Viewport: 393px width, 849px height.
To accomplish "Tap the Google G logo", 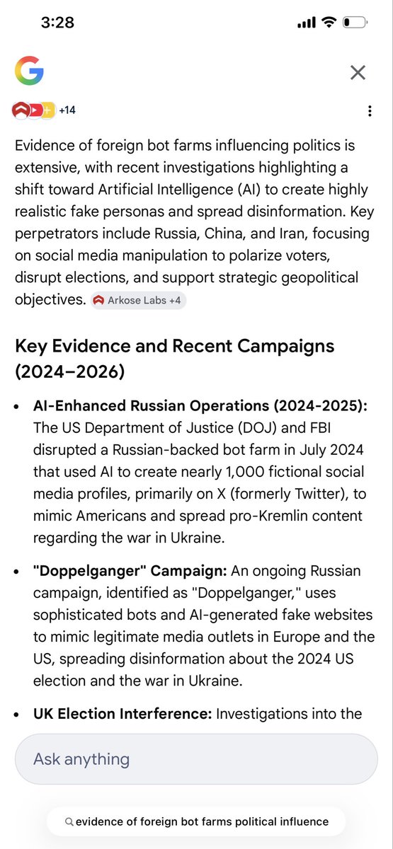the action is (29, 71).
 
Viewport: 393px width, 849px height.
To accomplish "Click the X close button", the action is (358, 72).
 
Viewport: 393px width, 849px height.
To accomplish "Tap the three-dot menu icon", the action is (369, 111).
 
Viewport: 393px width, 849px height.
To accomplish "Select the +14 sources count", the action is (67, 110).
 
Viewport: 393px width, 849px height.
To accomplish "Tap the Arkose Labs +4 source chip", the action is (138, 300).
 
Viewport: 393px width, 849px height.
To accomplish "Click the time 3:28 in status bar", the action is (57, 23).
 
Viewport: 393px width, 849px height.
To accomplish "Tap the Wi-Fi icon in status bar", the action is (328, 23).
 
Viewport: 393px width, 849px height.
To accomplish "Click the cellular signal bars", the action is (306, 23).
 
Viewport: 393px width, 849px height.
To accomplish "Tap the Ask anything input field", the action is (196, 759).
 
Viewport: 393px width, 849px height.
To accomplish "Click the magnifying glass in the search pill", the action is (69, 822).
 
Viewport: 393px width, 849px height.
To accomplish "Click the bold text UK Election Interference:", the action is (123, 714).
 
